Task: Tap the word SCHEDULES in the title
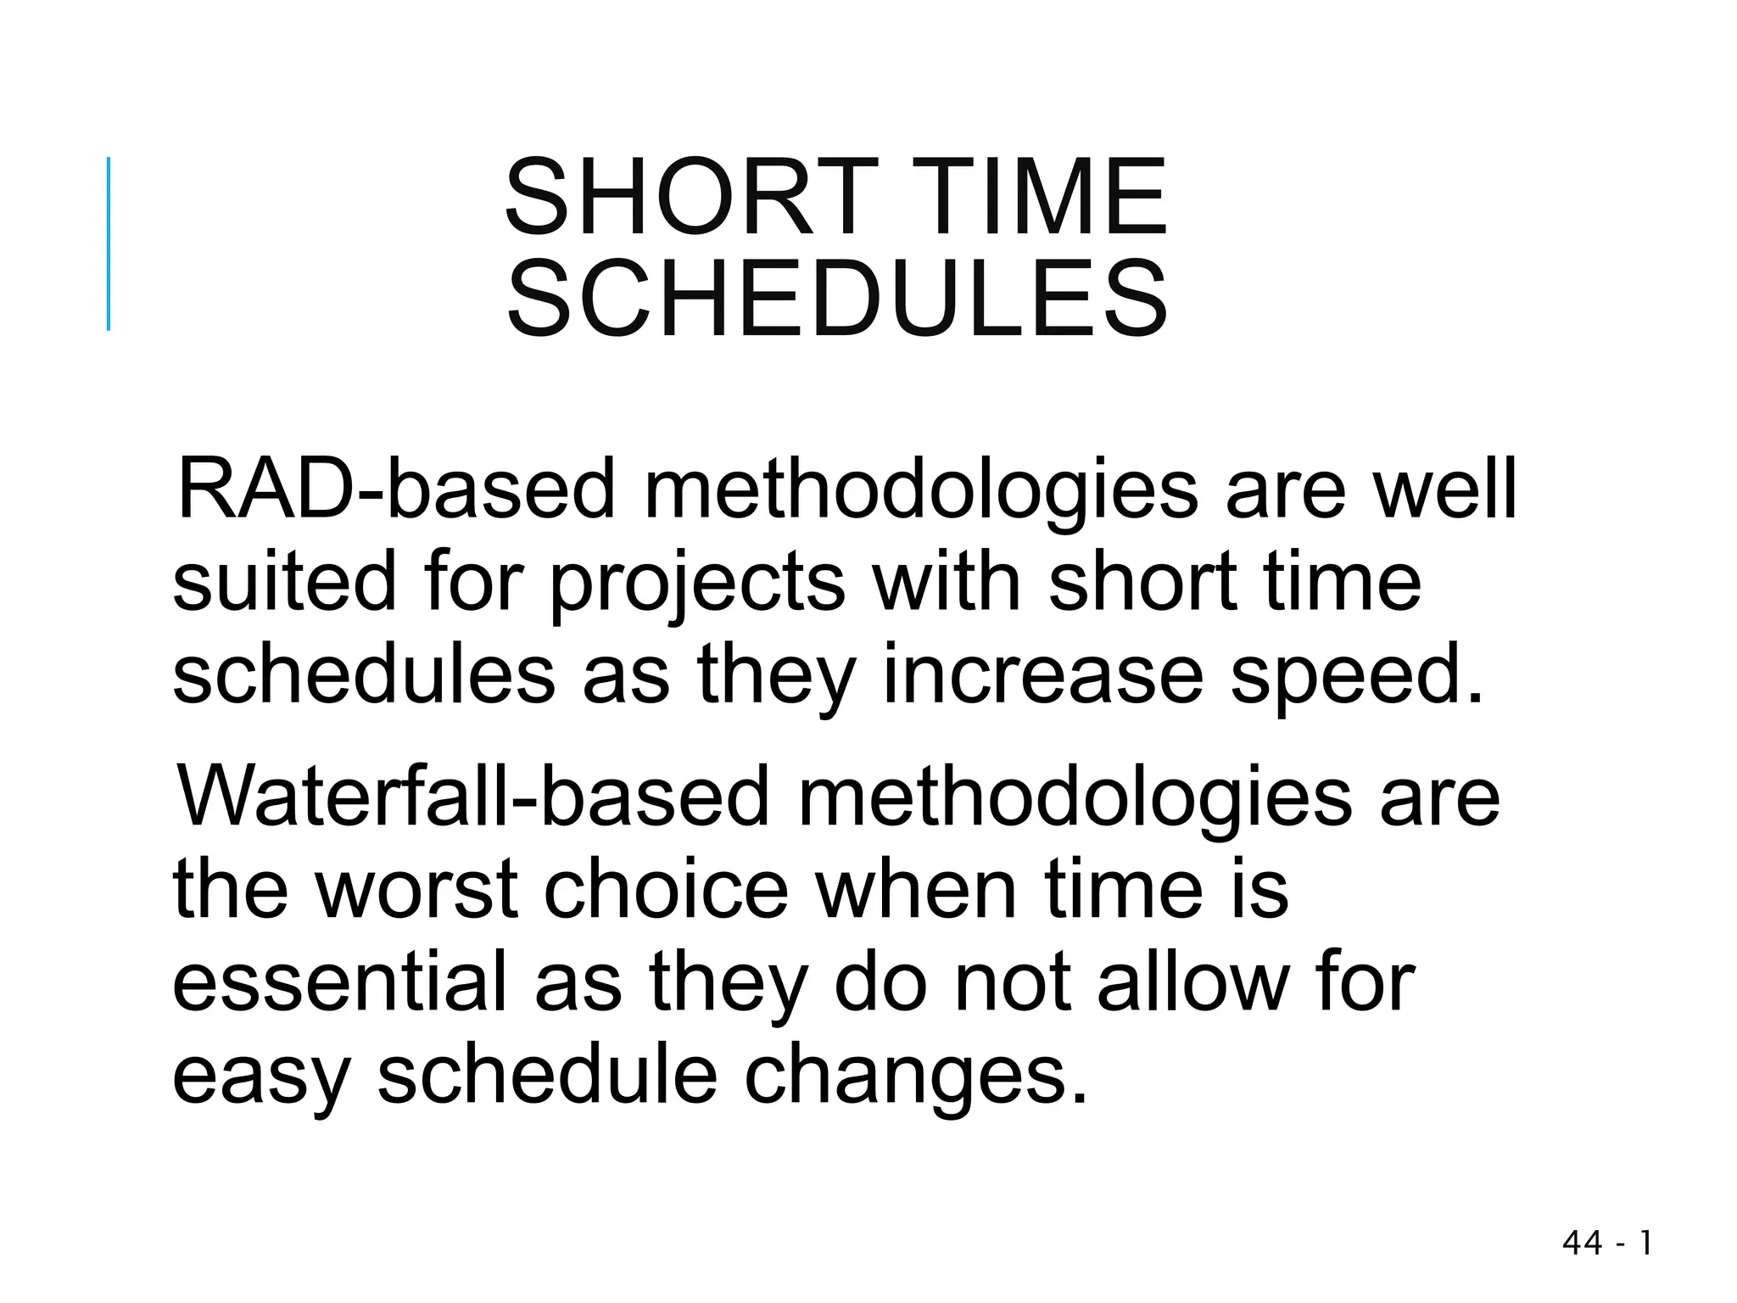(x=837, y=299)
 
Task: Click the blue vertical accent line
(x=109, y=243)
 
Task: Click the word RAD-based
(x=394, y=489)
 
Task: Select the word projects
(x=697, y=585)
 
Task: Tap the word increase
(x=1043, y=676)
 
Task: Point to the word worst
(x=417, y=889)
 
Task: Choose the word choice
(x=666, y=889)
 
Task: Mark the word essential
(x=339, y=981)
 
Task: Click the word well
(x=1444, y=489)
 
